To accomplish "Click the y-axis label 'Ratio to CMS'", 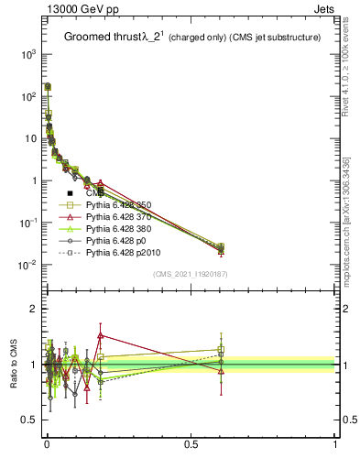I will point(14,363).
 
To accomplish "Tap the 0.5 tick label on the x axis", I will point(191,442).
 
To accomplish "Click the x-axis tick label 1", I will point(334,442).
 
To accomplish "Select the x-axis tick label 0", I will point(47,442).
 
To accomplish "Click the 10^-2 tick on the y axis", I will point(28,266).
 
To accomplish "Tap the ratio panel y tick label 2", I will point(34,309).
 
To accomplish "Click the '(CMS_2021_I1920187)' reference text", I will point(190,274).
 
